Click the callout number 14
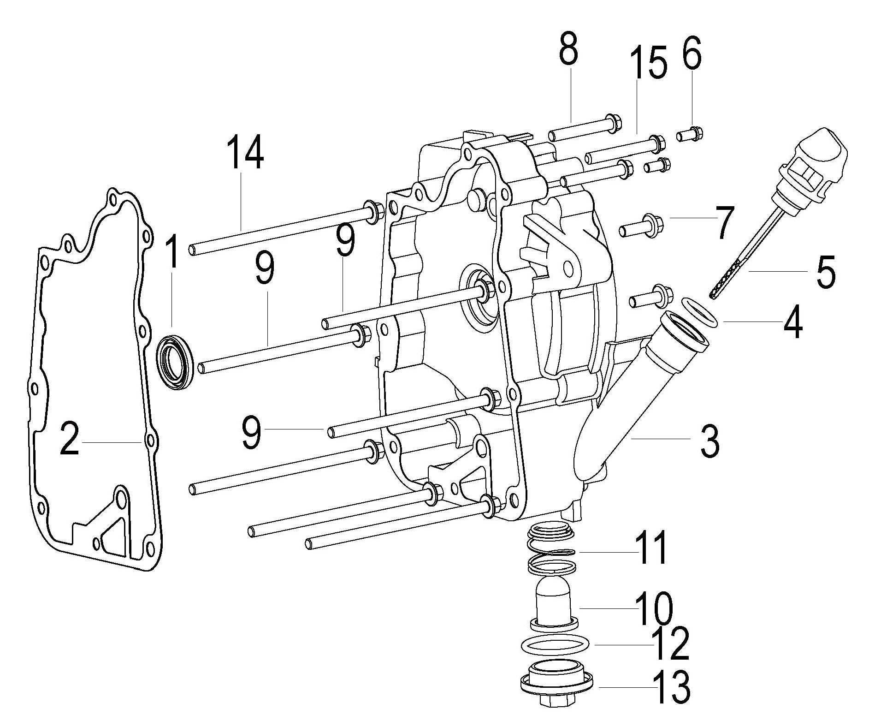(245, 153)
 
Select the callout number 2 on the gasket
(69, 441)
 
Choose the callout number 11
(650, 548)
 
